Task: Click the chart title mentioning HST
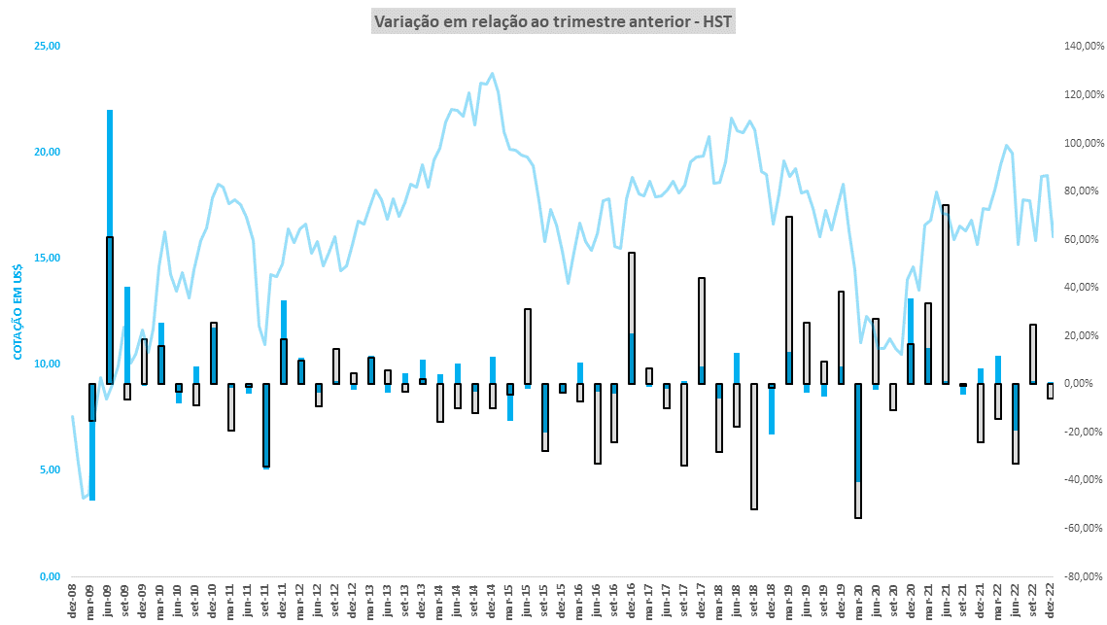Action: [x=554, y=20]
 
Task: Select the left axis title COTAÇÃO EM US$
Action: [x=17, y=311]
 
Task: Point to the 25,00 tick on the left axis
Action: [x=48, y=46]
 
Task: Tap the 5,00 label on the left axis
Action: [x=50, y=470]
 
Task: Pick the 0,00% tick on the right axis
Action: [x=1082, y=384]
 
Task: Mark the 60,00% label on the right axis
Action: [x=1081, y=239]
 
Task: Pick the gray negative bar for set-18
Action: [x=754, y=447]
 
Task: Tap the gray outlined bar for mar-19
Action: [x=789, y=292]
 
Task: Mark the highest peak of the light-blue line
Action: [x=492, y=73]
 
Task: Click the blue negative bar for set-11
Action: [x=265, y=428]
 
